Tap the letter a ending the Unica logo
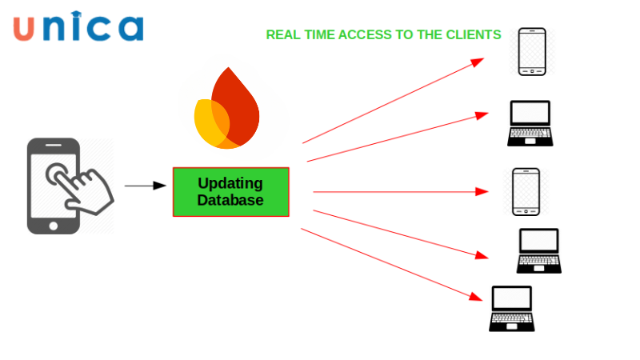(128, 28)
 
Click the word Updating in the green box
(230, 183)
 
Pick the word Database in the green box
(230, 200)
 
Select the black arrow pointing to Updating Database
(144, 186)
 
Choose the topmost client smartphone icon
(532, 52)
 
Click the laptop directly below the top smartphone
(530, 123)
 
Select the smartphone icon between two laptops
(526, 191)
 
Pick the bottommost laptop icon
(512, 308)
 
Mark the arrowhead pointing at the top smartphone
(478, 62)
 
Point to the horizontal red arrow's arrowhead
(482, 191)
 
